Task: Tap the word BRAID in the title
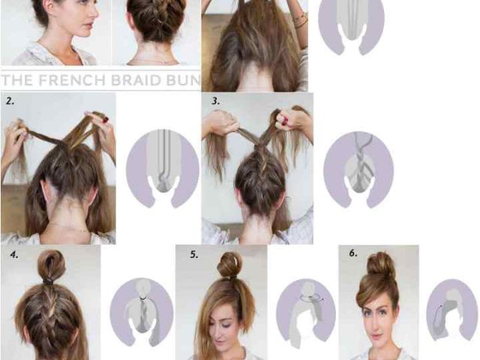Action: pos(136,80)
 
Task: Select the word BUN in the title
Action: pos(183,80)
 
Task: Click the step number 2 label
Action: pos(10,101)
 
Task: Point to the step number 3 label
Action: pos(216,101)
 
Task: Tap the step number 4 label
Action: pos(14,255)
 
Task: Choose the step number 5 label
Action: pos(194,255)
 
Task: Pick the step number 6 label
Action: pos(353,253)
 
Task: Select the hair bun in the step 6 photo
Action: pos(381,264)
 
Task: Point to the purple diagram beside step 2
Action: pos(162,168)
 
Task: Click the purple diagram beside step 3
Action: pos(358,169)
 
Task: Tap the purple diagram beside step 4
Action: pos(142,312)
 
